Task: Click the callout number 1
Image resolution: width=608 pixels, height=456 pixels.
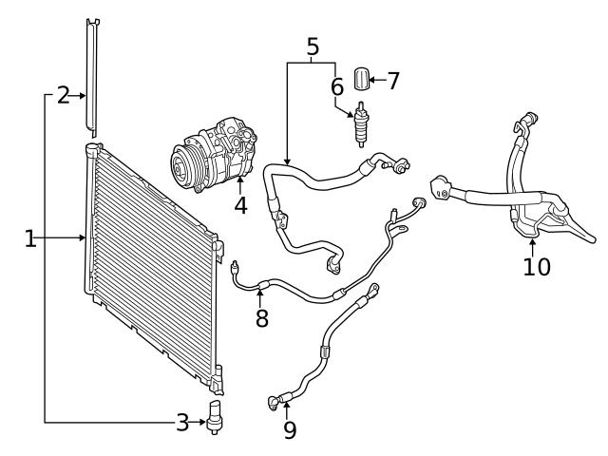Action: [30, 238]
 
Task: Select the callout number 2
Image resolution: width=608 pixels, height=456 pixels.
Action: [63, 95]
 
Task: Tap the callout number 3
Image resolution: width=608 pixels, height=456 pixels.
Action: [182, 422]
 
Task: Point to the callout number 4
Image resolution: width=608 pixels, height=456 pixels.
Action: [241, 204]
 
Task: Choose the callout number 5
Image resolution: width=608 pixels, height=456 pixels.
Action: [313, 45]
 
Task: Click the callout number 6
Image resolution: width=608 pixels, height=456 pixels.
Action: [336, 86]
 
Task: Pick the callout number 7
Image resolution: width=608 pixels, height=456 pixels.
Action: [392, 81]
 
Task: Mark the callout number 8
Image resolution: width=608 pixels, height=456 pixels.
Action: [261, 318]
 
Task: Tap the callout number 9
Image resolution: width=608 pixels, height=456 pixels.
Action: [290, 430]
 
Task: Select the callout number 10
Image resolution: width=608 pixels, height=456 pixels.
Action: [536, 267]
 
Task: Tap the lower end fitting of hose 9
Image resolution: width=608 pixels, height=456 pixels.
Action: [276, 402]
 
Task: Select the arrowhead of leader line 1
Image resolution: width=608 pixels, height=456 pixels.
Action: [84, 238]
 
